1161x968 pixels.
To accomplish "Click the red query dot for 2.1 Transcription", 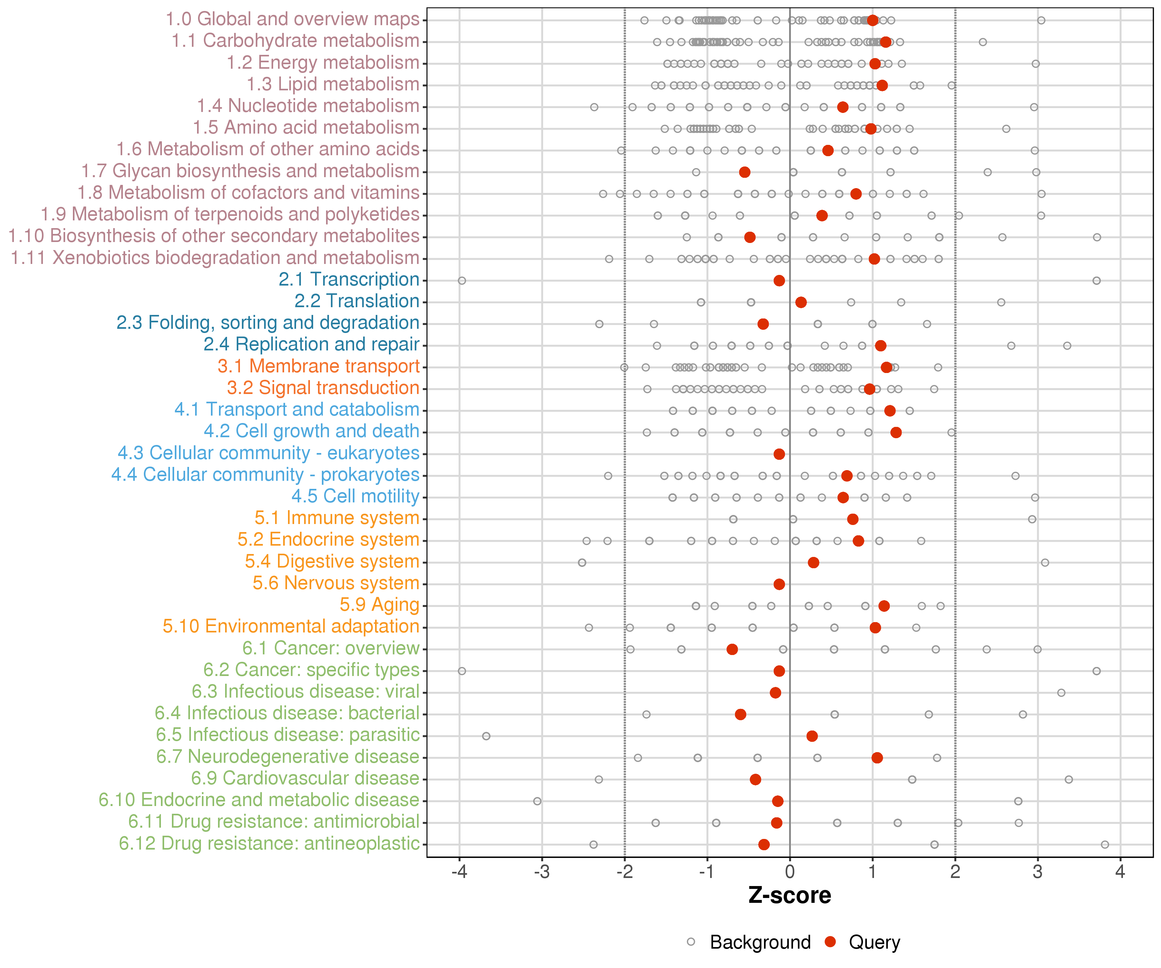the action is (x=779, y=280).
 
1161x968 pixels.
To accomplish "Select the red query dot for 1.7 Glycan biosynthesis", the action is (x=745, y=172).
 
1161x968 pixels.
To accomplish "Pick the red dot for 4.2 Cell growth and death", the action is (x=896, y=432).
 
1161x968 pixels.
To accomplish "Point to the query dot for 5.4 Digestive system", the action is (x=813, y=562).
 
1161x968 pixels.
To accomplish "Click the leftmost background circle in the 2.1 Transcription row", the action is (x=461, y=280).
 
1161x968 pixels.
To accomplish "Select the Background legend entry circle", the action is (x=691, y=942).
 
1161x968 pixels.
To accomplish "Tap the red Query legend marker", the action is (x=830, y=942).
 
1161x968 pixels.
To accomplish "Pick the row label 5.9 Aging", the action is (x=380, y=605).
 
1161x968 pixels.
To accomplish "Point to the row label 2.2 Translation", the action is (x=357, y=301).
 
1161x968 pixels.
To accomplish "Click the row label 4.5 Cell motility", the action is (x=355, y=496).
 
